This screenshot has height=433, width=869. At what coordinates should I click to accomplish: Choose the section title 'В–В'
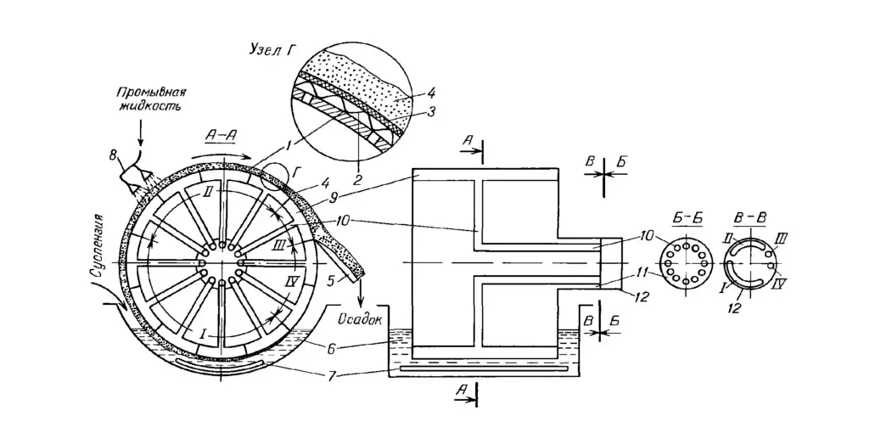coord(750,217)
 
